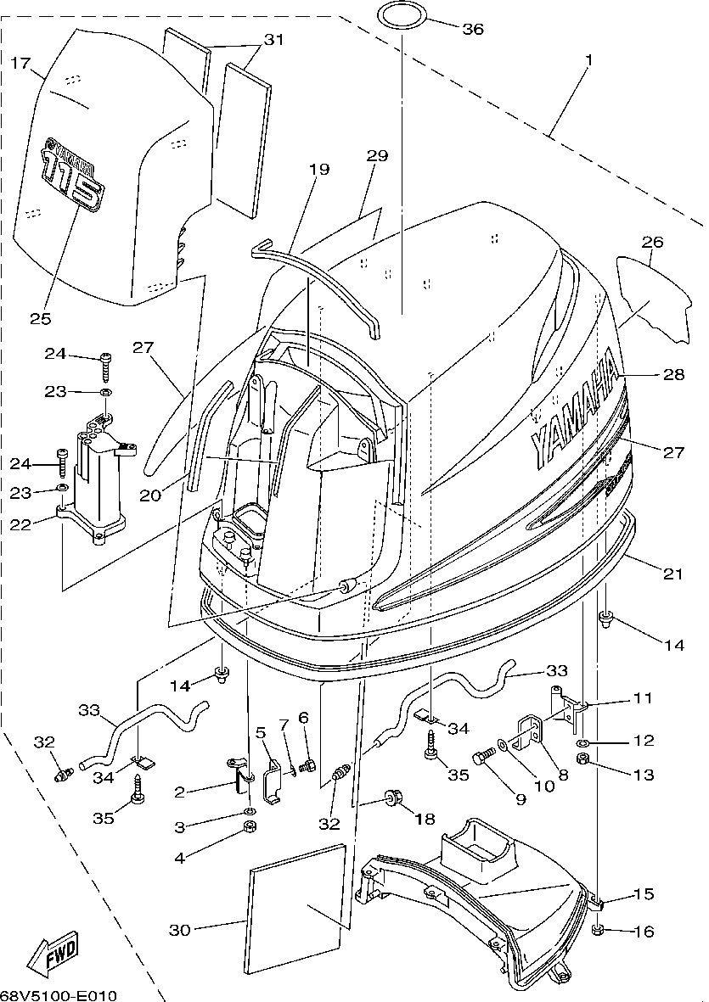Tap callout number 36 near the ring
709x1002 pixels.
pyautogui.click(x=473, y=29)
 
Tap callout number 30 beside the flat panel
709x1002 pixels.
pyautogui.click(x=180, y=930)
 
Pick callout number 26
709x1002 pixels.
pyautogui.click(x=652, y=242)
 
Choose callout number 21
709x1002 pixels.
pyautogui.click(x=672, y=574)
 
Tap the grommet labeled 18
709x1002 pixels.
pyautogui.click(x=390, y=798)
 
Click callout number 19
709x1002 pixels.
pyautogui.click(x=319, y=170)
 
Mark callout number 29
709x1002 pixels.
pyautogui.click(x=377, y=155)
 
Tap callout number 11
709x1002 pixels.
pyautogui.click(x=642, y=697)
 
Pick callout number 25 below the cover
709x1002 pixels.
pyautogui.click(x=40, y=318)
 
